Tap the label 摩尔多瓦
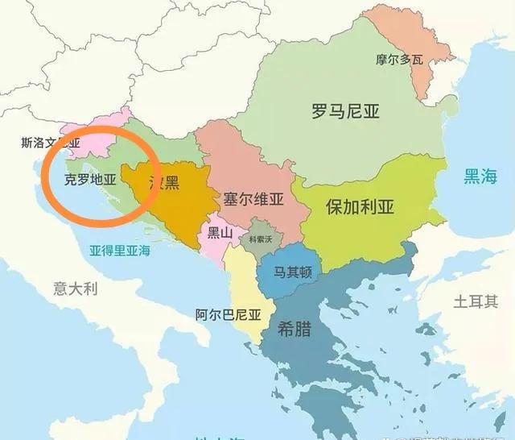[398, 59]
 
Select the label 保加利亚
[360, 205]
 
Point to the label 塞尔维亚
[254, 198]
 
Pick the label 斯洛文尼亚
[50, 143]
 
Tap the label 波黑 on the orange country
[164, 183]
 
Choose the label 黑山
[220, 234]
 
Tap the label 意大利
[75, 287]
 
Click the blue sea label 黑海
[480, 175]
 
